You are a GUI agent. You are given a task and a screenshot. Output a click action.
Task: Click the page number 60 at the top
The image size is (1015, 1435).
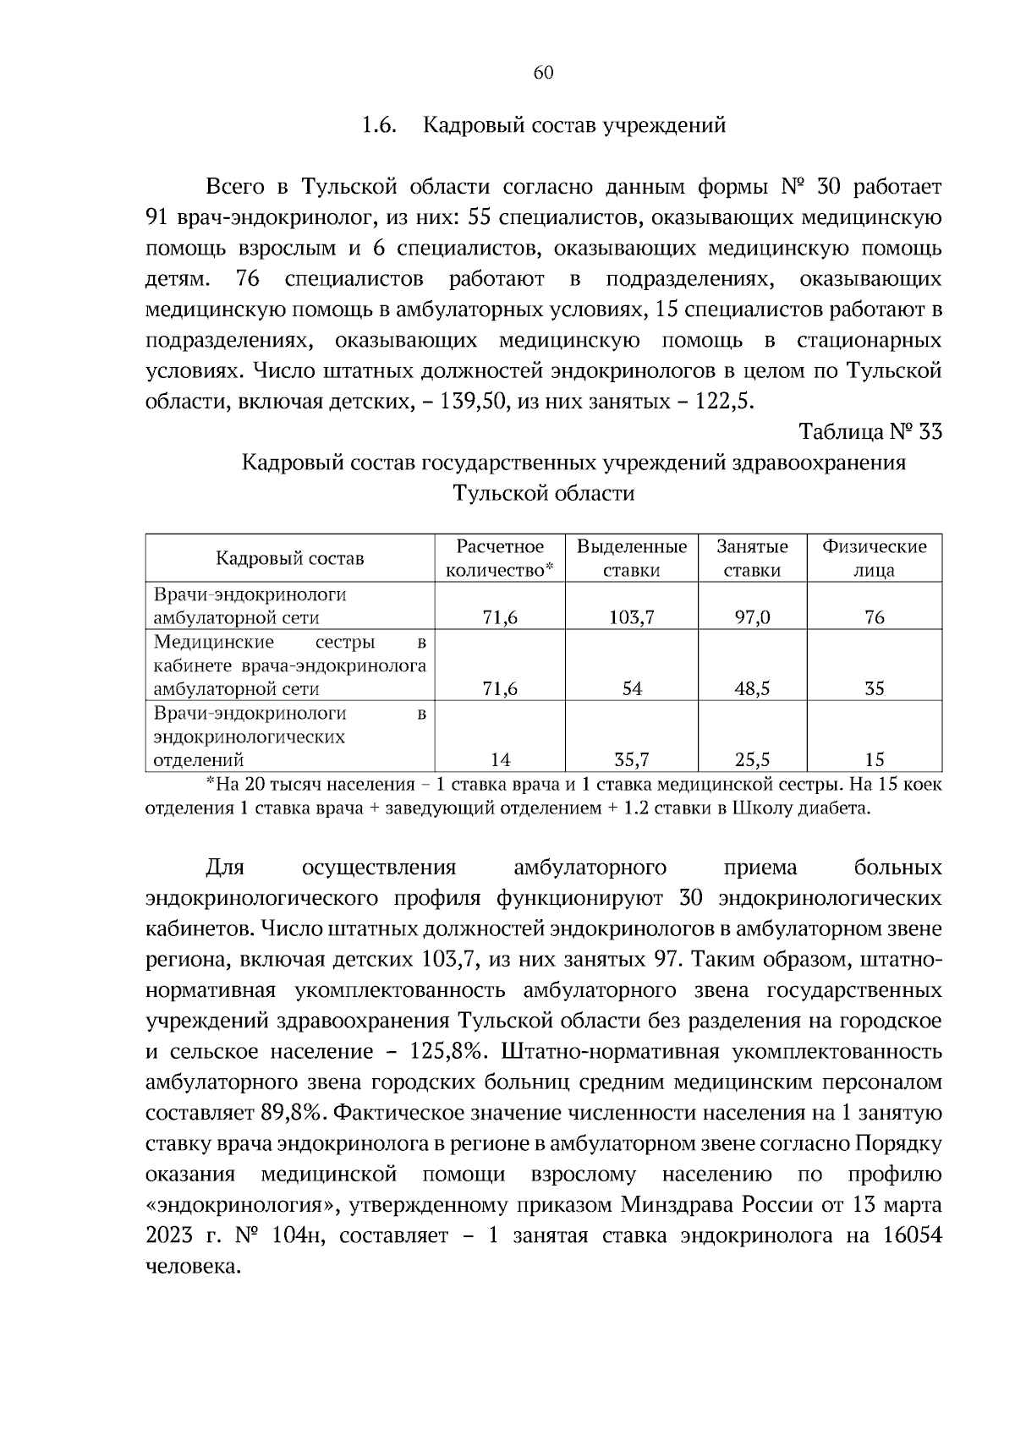tap(543, 73)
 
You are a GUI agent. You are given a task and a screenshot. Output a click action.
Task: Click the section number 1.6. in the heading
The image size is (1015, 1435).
tap(379, 126)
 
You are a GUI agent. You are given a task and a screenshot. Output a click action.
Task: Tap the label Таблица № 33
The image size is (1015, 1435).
tap(870, 432)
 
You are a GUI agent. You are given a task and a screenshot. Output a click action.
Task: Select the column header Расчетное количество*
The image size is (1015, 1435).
tap(499, 558)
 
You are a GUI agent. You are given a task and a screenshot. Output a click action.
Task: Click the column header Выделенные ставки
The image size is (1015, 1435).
tap(631, 558)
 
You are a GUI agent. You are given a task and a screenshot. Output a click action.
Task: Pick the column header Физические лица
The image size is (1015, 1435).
tap(874, 558)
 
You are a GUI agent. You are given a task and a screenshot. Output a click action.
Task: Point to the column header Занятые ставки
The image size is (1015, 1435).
tap(752, 558)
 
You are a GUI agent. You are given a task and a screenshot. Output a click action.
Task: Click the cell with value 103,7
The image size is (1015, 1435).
tap(631, 618)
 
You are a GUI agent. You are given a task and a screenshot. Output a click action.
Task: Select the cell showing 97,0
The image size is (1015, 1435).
tap(752, 618)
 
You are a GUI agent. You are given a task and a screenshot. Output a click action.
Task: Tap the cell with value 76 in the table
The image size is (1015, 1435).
tap(874, 618)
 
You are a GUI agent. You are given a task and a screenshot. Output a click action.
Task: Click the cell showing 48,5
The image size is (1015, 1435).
tap(752, 689)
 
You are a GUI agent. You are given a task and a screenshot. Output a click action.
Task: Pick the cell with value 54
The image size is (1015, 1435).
tap(631, 689)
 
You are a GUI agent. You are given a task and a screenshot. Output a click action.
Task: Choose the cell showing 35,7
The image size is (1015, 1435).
tap(631, 759)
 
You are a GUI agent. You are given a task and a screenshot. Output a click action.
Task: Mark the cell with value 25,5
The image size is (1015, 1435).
tap(752, 759)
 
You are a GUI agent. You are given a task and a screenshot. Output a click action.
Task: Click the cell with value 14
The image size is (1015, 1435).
tap(499, 759)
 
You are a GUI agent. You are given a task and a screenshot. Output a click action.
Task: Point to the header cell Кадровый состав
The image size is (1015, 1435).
tap(289, 558)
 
